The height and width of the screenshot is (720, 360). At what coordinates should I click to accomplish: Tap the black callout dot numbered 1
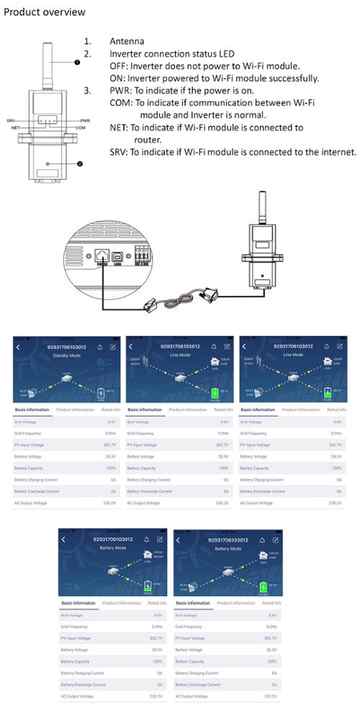pos(75,62)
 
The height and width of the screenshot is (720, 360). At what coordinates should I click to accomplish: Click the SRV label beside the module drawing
pos(11,119)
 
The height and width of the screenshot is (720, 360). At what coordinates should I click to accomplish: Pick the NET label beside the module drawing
pos(16,128)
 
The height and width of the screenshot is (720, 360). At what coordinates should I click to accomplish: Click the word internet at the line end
pos(332,152)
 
